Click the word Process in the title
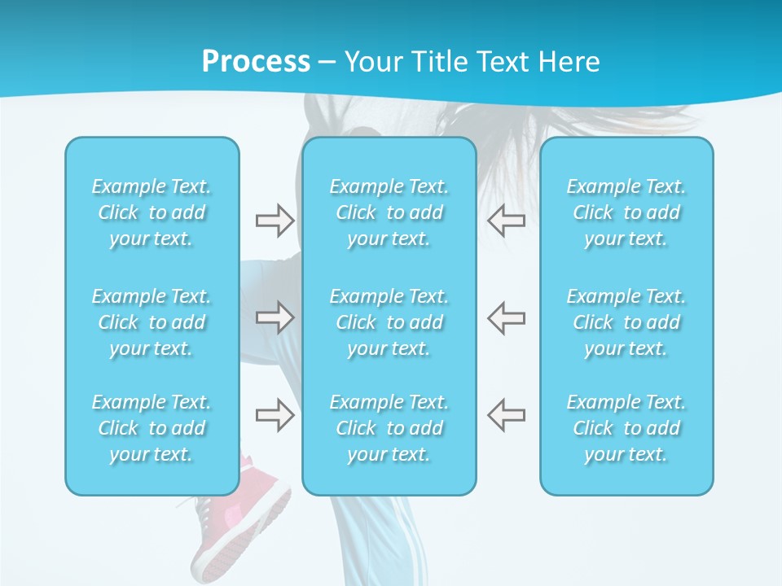tap(256, 61)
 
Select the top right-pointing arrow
tap(275, 220)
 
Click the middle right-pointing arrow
tap(275, 317)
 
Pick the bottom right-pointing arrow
tap(275, 415)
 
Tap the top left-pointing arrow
tap(506, 220)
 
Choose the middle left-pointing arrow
tap(506, 317)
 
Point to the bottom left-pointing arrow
tap(506, 415)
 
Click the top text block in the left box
tap(152, 212)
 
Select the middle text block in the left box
tap(152, 322)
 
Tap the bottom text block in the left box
tap(152, 428)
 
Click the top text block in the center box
tap(389, 212)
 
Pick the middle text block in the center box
tap(389, 322)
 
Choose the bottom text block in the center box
tap(389, 428)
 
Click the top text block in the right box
tap(626, 212)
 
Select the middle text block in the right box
tap(626, 322)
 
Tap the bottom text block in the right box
tap(626, 428)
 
